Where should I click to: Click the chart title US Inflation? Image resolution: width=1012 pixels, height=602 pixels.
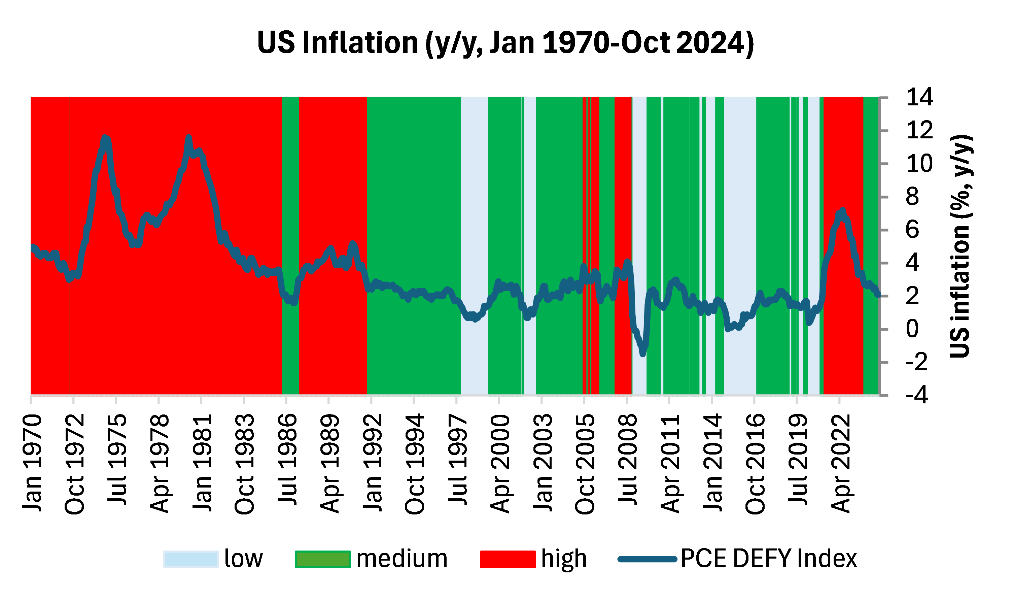point(505,43)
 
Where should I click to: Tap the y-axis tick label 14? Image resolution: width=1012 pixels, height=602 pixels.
point(919,98)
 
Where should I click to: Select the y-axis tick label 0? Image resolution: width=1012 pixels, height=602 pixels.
point(912,329)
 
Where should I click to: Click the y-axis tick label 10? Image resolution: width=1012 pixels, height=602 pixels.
point(919,164)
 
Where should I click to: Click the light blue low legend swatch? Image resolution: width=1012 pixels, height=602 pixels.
point(191,559)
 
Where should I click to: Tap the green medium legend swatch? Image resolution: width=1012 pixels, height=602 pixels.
point(322,559)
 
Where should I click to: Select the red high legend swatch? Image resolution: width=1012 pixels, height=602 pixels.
point(508,559)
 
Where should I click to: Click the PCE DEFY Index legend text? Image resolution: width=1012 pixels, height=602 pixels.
point(769,559)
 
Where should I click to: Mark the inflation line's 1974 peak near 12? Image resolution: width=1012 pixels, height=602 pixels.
point(105,138)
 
